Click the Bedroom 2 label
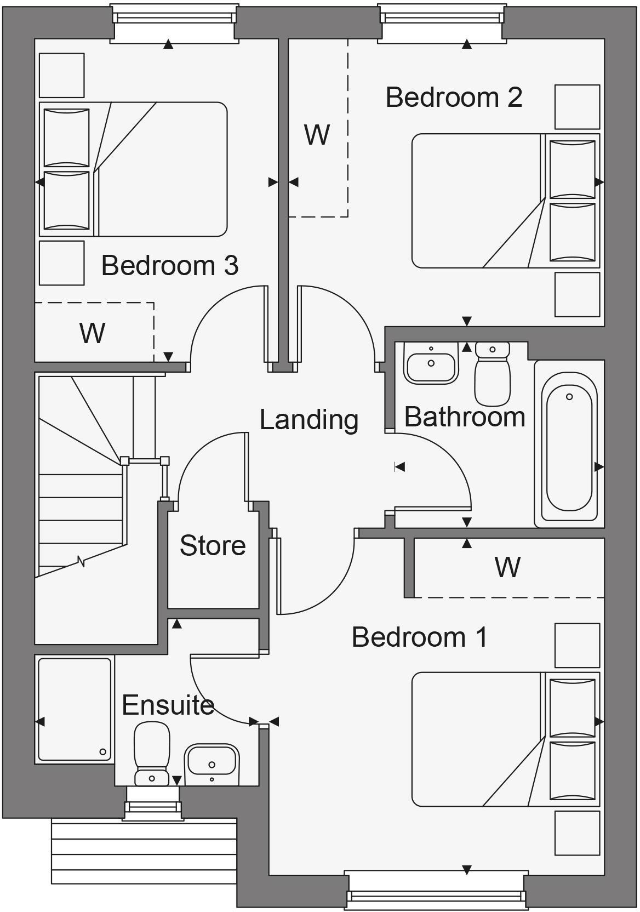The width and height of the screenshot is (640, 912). [x=454, y=98]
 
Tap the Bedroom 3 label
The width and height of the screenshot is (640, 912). [x=170, y=266]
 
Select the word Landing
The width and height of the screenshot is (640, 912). [x=309, y=420]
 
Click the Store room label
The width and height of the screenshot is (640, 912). [x=213, y=546]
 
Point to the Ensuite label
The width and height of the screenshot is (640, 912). [x=168, y=705]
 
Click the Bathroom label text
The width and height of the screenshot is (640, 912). [x=465, y=417]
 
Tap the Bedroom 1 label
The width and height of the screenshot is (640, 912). [x=420, y=637]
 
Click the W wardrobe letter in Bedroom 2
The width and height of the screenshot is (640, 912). [x=317, y=135]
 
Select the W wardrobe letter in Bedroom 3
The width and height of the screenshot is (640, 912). [x=92, y=333]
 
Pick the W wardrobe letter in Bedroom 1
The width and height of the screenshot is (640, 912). [x=507, y=567]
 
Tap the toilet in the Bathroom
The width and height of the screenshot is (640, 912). [x=492, y=373]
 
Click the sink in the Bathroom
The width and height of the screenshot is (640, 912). [x=431, y=363]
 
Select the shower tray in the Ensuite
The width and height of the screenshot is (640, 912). [x=75, y=709]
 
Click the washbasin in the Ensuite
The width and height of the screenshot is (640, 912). [x=212, y=763]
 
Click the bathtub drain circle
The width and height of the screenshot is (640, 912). [x=569, y=397]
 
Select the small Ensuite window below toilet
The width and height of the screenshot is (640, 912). [x=153, y=807]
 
